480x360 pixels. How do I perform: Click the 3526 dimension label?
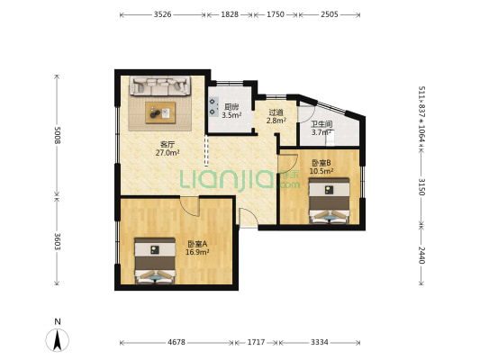point(162,14)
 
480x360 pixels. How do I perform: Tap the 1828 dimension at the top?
point(230,14)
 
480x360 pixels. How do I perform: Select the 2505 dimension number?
point(330,14)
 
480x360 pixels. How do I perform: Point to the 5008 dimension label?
point(58,135)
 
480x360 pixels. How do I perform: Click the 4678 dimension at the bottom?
point(177,342)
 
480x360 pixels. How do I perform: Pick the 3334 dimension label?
point(320,342)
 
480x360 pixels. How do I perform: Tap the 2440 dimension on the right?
point(421,255)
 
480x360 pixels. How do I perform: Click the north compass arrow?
point(58,340)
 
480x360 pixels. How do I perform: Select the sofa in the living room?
point(160,85)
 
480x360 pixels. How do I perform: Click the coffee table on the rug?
point(160,112)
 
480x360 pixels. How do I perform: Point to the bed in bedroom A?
point(155,261)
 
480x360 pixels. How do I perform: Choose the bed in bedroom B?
point(329,201)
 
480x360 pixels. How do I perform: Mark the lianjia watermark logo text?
point(240,180)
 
